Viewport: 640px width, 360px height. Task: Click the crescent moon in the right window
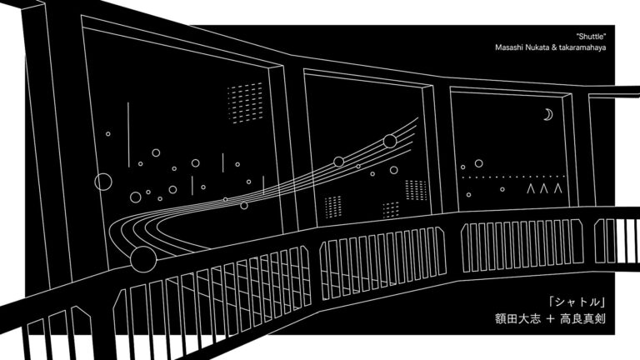click(548, 115)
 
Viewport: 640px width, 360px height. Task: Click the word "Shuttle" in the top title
click(590, 37)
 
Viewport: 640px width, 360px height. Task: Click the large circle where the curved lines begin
click(143, 261)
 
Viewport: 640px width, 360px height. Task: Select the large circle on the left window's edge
click(103, 181)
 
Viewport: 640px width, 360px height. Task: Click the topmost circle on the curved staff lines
click(389, 141)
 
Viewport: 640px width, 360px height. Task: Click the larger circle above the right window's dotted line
click(479, 163)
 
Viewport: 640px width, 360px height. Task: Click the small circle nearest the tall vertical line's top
click(107, 133)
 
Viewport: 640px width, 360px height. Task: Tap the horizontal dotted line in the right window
click(512, 177)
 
